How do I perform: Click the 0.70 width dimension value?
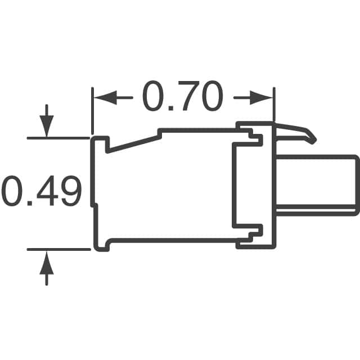coord(182,97)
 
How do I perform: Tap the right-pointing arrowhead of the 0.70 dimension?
coord(265,97)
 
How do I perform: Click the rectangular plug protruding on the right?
coord(318,184)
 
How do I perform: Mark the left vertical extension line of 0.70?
coord(92,110)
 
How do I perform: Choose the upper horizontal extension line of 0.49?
coord(58,137)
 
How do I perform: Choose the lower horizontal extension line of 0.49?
coord(58,249)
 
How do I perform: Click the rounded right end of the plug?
coord(356,184)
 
